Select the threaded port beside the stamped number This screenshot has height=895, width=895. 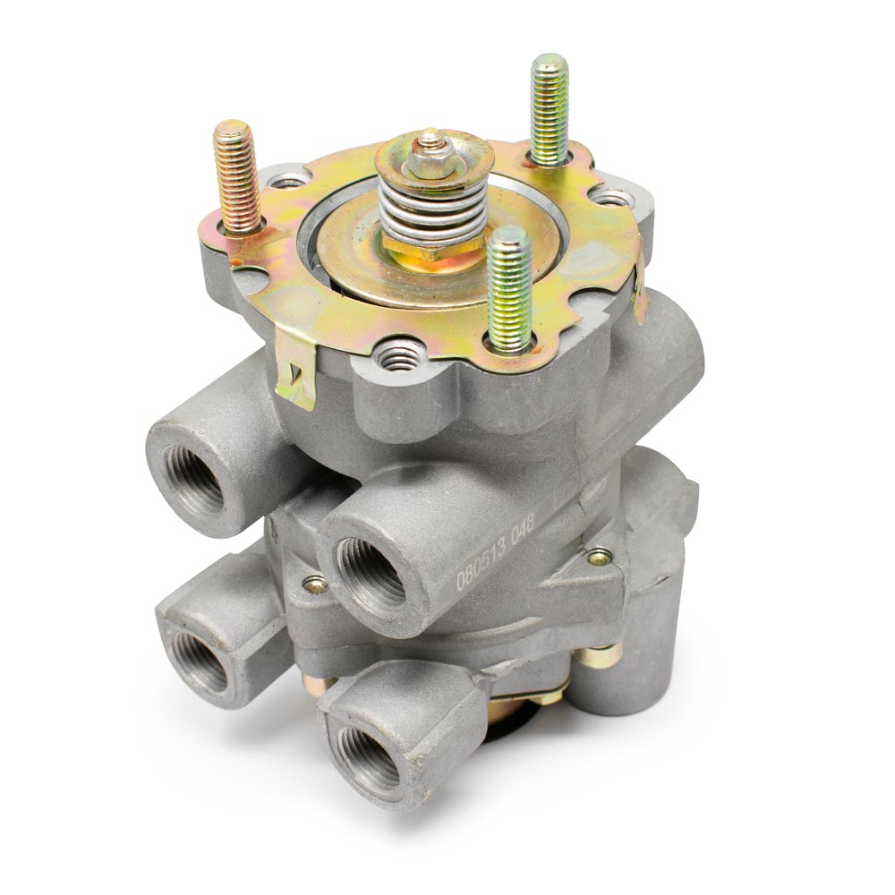(371, 573)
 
